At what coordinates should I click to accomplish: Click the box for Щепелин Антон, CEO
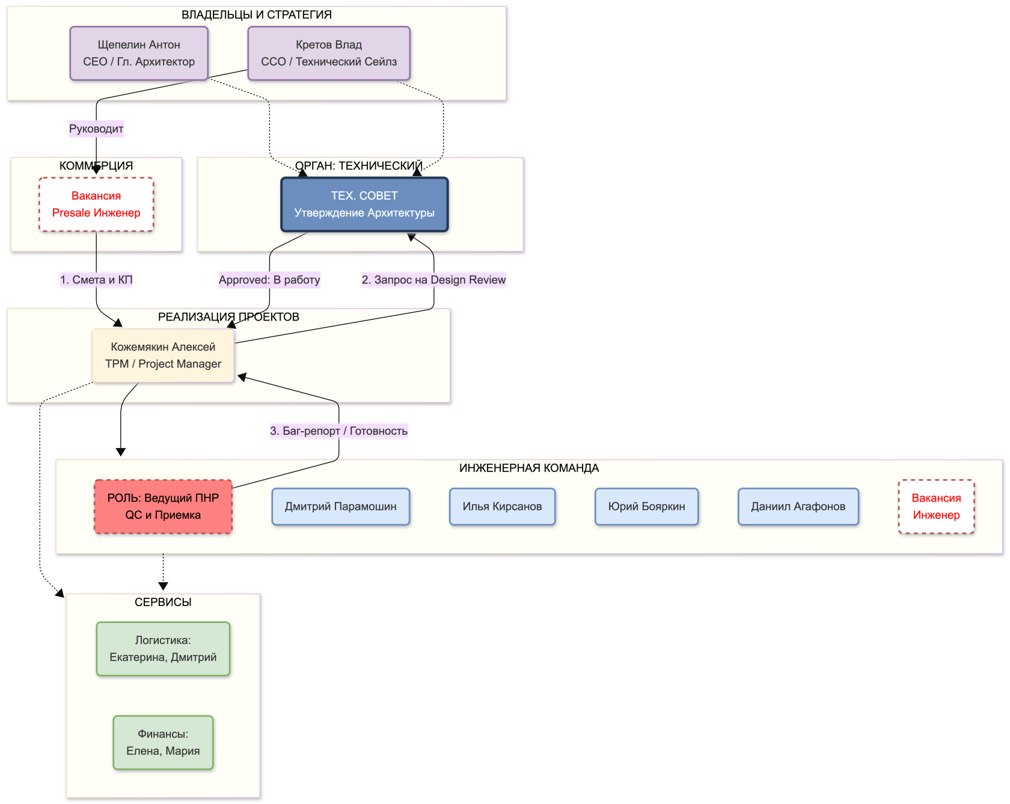[139, 53]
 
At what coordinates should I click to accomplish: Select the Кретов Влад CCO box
[329, 53]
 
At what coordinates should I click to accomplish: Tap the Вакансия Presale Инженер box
[96, 204]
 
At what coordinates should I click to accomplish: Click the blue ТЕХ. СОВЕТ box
[364, 204]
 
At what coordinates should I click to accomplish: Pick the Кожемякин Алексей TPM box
[163, 355]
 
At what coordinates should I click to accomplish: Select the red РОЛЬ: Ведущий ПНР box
[163, 506]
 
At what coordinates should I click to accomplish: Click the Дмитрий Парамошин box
[341, 506]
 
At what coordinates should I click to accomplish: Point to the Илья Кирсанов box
[502, 506]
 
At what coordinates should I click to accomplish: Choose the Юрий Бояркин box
[646, 506]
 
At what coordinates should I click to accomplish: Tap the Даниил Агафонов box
[798, 506]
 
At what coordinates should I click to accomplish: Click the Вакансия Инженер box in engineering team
[936, 506]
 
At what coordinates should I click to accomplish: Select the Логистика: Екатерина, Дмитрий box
[163, 649]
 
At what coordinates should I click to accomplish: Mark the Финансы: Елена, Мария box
[163, 743]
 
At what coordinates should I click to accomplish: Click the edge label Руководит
[96, 129]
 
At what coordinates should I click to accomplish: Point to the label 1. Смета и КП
[96, 280]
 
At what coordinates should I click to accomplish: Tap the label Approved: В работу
[269, 280]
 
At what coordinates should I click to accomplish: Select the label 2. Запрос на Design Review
[433, 280]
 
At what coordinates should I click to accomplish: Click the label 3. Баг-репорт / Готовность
[338, 431]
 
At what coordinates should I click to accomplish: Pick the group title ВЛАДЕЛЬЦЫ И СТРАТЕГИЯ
[257, 14]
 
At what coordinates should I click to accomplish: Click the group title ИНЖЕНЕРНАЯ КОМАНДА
[529, 468]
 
